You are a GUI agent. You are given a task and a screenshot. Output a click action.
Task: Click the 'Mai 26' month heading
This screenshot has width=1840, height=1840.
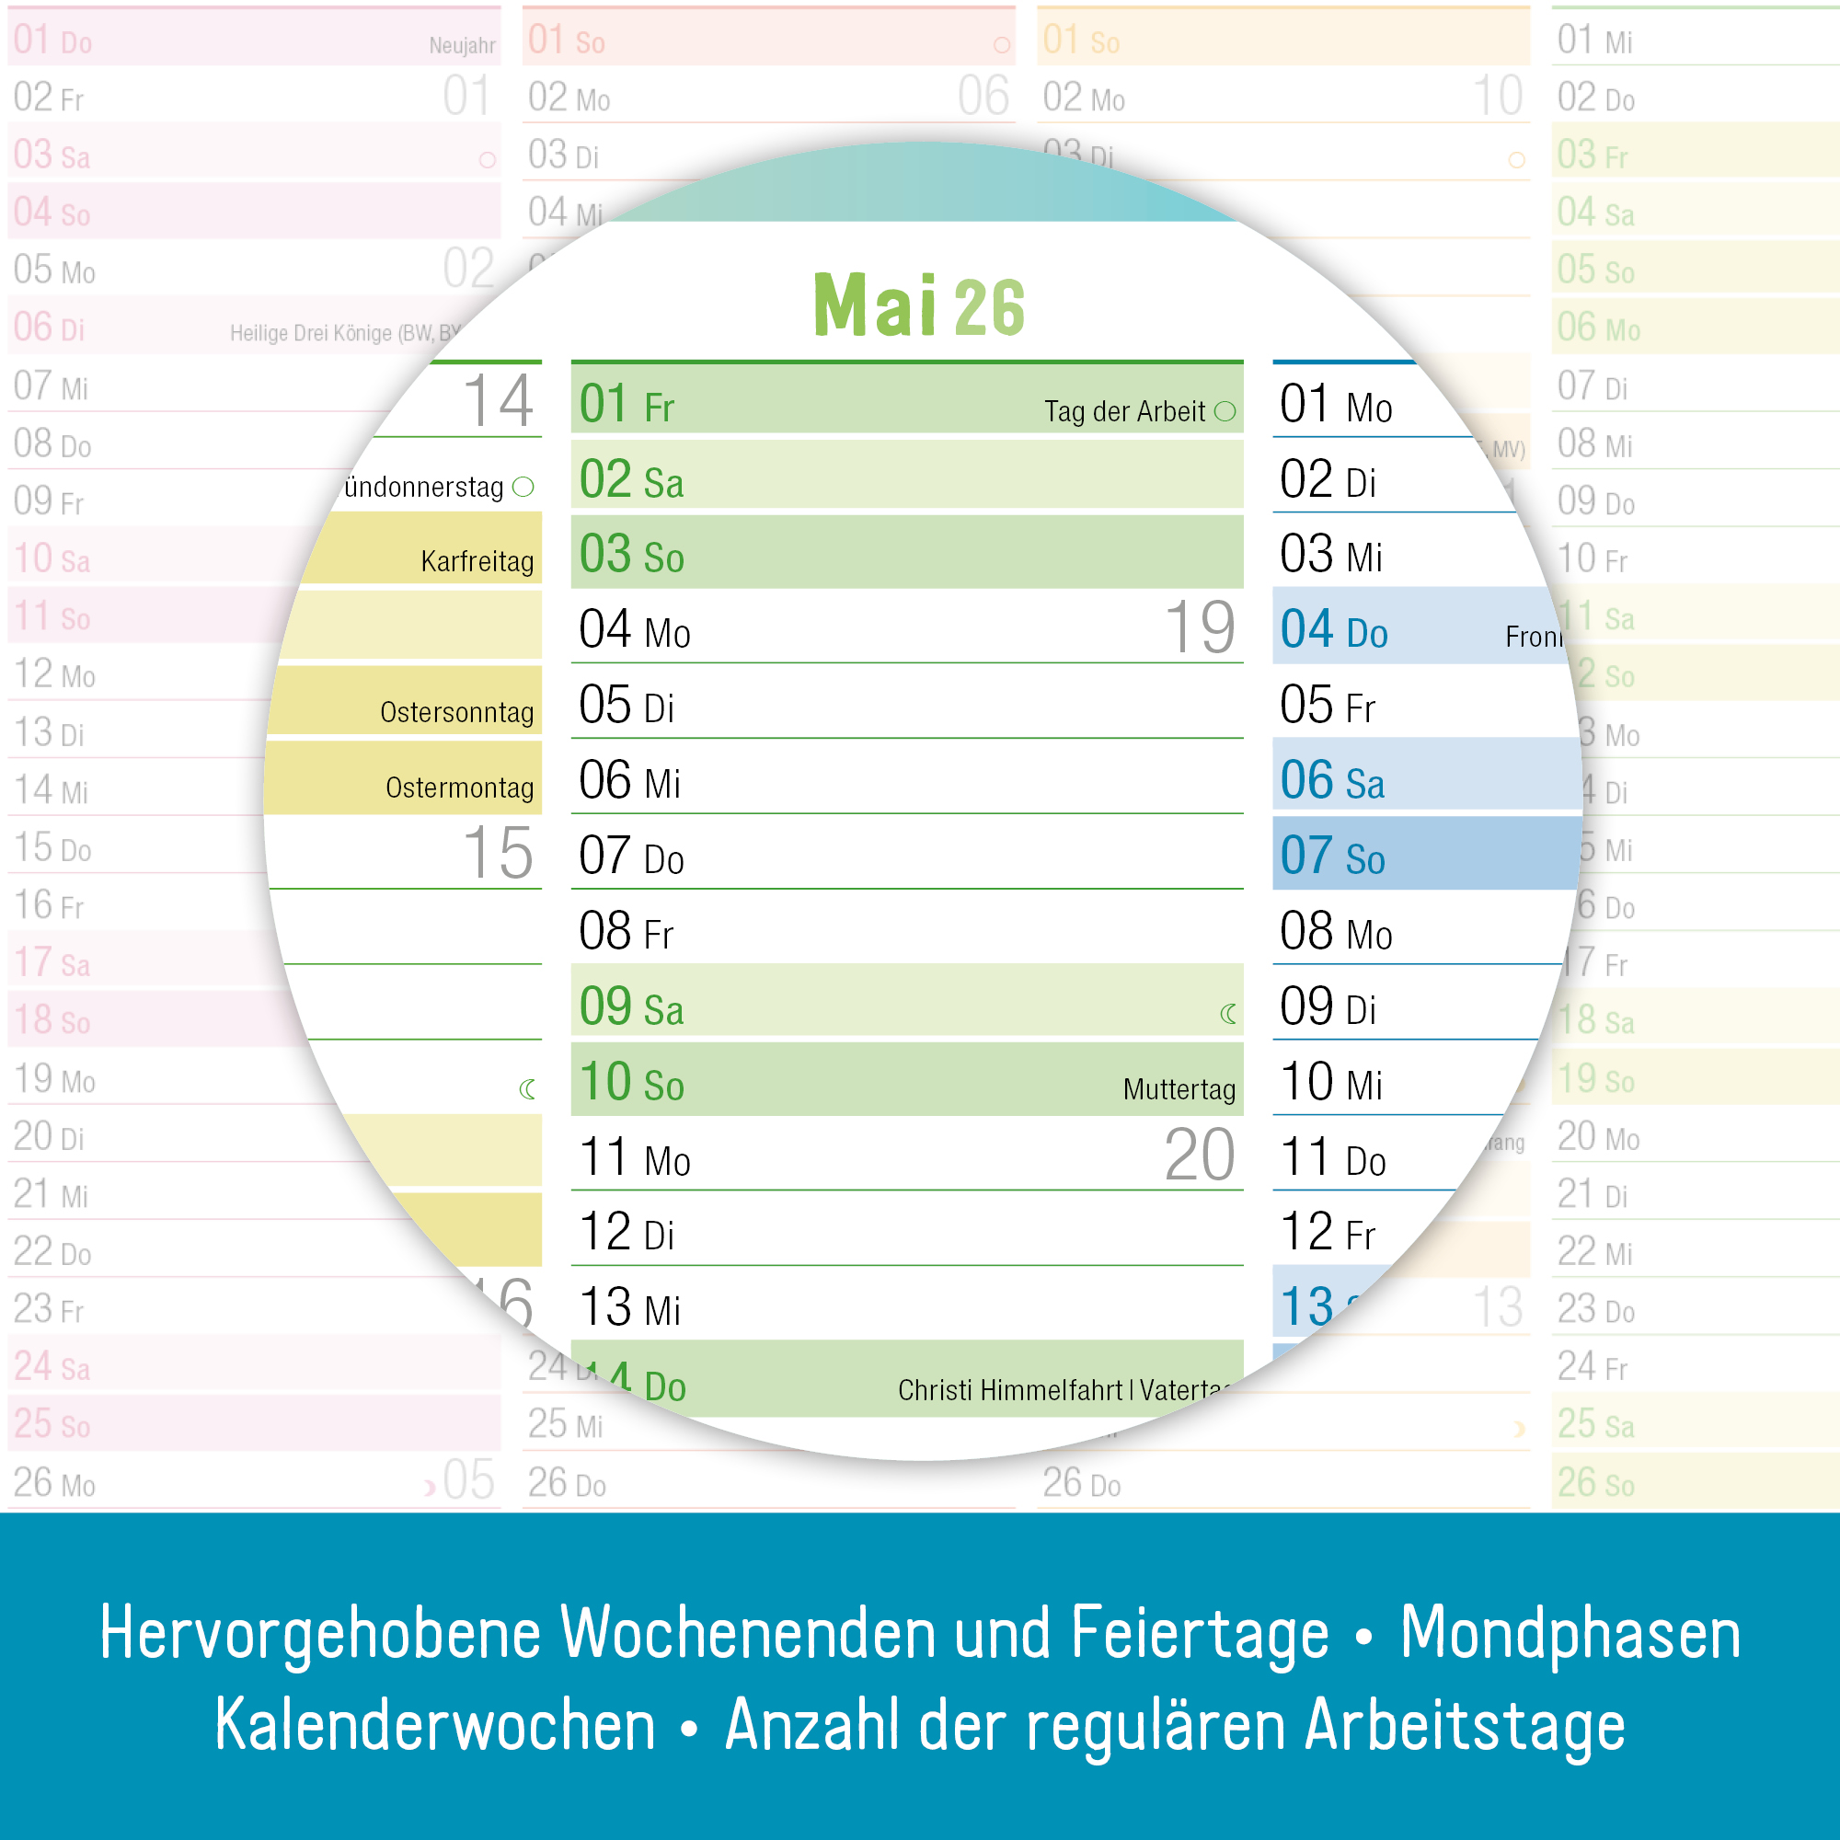pyautogui.click(x=918, y=305)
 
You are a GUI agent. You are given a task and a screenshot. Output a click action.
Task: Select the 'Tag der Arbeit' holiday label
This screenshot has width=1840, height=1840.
pyautogui.click(x=1124, y=411)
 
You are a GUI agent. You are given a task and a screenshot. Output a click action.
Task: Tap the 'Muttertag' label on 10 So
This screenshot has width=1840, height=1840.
pyautogui.click(x=1179, y=1088)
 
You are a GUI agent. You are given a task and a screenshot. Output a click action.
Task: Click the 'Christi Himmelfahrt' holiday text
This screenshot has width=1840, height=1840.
pyautogui.click(x=1009, y=1390)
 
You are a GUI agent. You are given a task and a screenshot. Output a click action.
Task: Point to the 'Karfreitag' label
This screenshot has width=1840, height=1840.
pyautogui.click(x=477, y=561)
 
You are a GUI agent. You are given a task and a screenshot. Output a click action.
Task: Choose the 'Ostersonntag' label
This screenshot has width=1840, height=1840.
pyautogui.click(x=456, y=712)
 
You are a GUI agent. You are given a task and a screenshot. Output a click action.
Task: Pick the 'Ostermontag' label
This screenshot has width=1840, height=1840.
pyautogui.click(x=459, y=788)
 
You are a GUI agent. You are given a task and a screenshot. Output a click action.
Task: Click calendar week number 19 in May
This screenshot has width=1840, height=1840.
pyautogui.click(x=1199, y=627)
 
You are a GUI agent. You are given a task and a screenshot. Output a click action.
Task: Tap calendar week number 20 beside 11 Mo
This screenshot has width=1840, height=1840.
pyautogui.click(x=1199, y=1156)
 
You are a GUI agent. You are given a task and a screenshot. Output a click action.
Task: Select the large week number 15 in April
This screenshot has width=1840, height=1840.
pyautogui.click(x=497, y=853)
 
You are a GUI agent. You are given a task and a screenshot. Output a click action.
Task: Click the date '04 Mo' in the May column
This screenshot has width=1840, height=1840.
pyautogui.click(x=634, y=629)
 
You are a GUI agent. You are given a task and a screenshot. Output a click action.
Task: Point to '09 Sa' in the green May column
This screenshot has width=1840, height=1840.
pyautogui.click(x=631, y=1006)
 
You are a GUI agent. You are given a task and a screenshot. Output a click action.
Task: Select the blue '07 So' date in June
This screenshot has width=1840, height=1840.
pyautogui.click(x=1331, y=856)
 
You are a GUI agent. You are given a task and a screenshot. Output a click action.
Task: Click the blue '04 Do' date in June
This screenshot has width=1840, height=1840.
pyautogui.click(x=1333, y=629)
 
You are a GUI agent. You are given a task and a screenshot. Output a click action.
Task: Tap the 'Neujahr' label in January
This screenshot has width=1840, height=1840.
pyautogui.click(x=462, y=46)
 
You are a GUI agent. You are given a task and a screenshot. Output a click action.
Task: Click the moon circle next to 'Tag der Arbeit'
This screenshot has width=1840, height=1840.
pyautogui.click(x=1225, y=411)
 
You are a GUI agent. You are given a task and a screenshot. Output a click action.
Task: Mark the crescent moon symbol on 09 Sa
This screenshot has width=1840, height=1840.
pyautogui.click(x=1228, y=1014)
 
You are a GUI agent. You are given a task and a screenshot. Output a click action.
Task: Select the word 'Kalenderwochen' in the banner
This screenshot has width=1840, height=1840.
pyautogui.click(x=435, y=1725)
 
